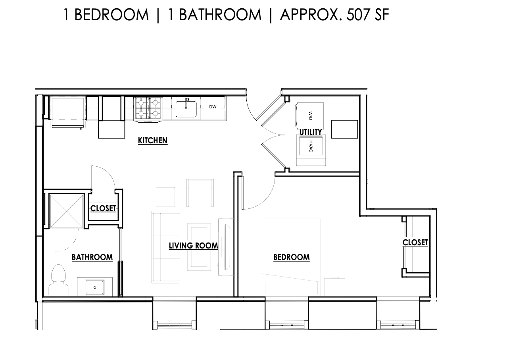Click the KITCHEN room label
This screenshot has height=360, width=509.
(x=152, y=141)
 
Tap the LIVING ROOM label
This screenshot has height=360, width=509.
(x=193, y=246)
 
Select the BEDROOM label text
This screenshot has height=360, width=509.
(x=291, y=257)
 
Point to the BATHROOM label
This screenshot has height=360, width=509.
(x=92, y=257)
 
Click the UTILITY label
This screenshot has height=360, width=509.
(x=310, y=132)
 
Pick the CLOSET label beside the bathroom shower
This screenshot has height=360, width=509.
(x=103, y=208)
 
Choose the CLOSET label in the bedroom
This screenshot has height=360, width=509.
(x=415, y=243)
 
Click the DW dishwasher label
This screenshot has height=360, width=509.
(x=213, y=107)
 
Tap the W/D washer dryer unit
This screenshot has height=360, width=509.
(x=310, y=116)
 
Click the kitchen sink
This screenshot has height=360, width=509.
(x=186, y=109)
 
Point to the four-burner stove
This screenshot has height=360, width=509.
(x=148, y=108)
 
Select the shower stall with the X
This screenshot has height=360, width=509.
(x=66, y=211)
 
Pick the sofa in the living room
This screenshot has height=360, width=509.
(x=165, y=246)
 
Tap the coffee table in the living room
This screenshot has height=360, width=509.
(x=199, y=246)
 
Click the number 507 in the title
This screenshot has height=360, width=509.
(x=358, y=15)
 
